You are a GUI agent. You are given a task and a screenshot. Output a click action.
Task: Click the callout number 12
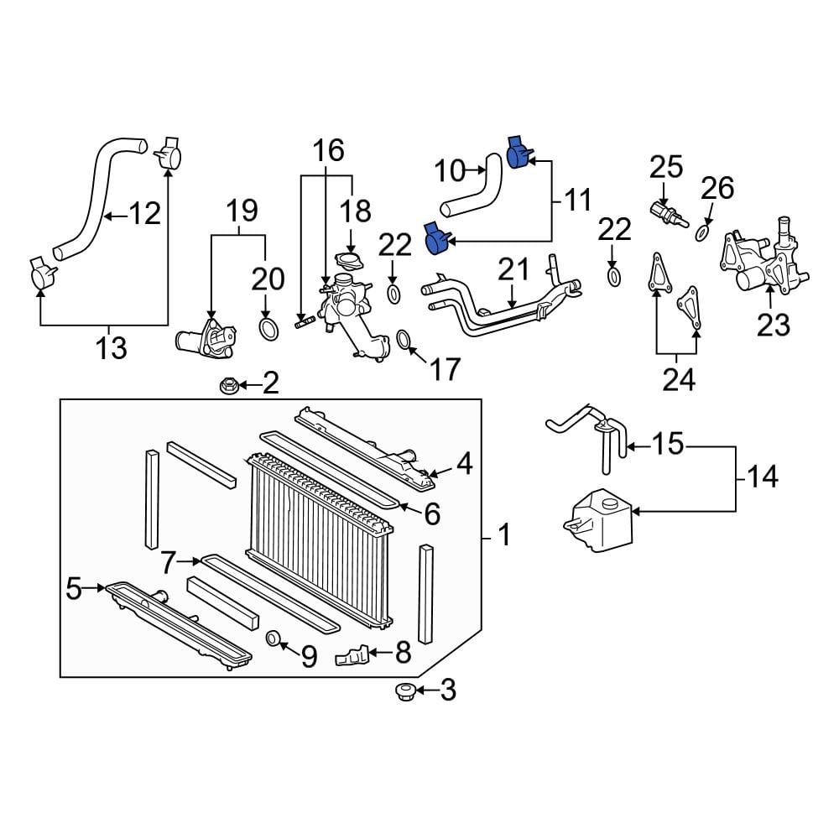[x=144, y=215]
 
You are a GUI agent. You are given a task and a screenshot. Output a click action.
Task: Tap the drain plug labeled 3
[x=404, y=692]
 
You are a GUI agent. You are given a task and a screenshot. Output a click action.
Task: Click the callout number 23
[x=773, y=324]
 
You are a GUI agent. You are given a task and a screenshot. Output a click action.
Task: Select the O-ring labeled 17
[x=404, y=340]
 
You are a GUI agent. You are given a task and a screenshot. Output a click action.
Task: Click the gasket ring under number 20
[x=268, y=328]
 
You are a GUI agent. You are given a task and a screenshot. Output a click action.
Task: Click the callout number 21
[x=513, y=270]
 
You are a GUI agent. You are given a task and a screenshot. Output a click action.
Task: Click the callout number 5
[x=74, y=590]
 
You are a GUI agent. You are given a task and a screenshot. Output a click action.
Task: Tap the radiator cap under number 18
[x=345, y=259]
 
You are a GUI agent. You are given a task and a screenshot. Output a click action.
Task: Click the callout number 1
[x=504, y=534]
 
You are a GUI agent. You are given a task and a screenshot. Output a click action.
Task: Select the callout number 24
[x=679, y=380]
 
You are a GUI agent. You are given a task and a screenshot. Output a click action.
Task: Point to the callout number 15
[x=668, y=445]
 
